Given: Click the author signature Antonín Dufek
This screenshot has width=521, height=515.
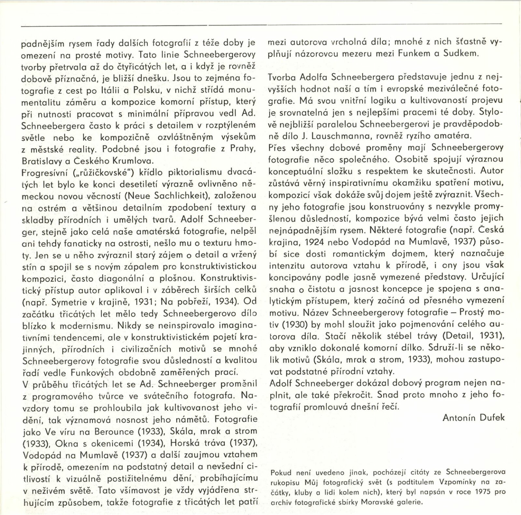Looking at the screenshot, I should (x=473, y=418).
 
